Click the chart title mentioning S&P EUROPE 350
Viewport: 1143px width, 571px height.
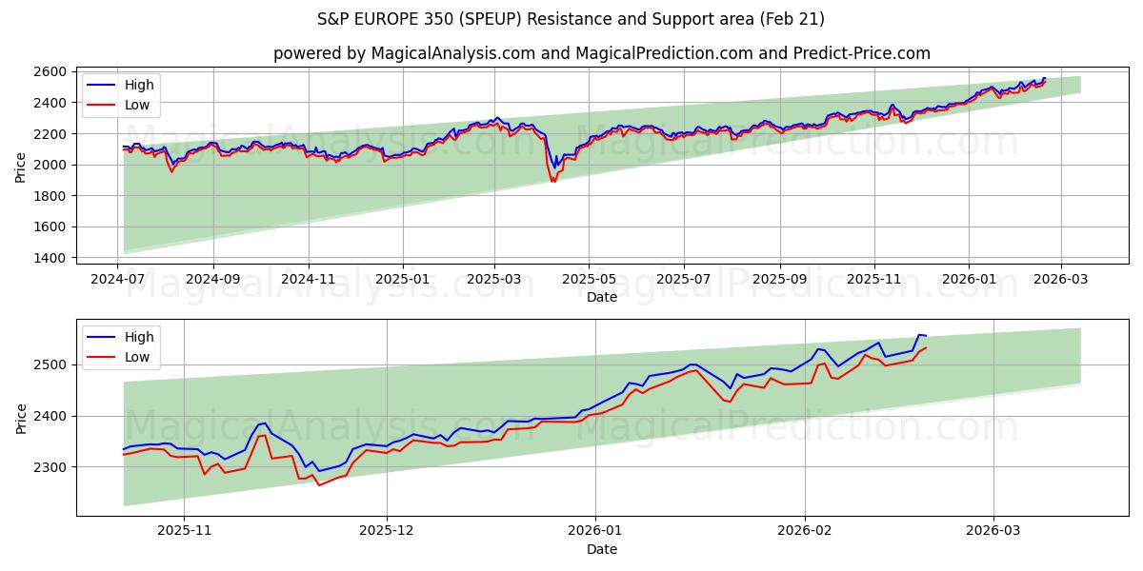(x=571, y=19)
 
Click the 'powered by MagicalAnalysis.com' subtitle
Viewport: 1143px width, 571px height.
(x=601, y=53)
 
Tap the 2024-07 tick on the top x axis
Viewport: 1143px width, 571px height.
(x=118, y=279)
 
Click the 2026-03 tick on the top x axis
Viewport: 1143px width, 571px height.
(x=1060, y=279)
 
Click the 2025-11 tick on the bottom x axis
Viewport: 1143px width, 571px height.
(x=184, y=531)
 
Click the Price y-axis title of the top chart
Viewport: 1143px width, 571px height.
(x=21, y=167)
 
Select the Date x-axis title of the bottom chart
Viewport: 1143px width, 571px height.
(x=601, y=549)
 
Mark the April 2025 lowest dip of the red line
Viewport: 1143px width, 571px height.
(x=552, y=181)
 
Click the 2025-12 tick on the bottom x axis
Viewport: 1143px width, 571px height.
(x=387, y=531)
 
